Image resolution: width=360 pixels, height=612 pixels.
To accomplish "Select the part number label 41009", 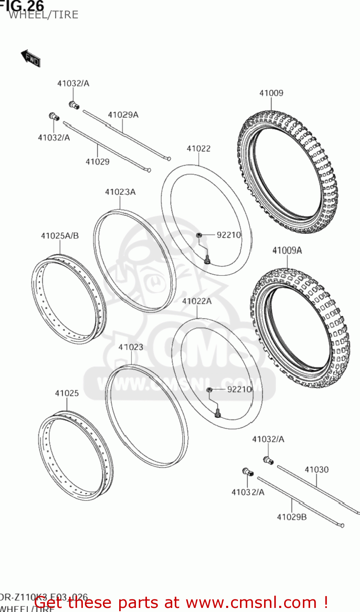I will [x=271, y=93].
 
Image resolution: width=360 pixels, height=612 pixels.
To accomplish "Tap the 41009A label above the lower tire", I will [x=287, y=250].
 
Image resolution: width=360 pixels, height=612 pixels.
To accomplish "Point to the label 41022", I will [x=198, y=149].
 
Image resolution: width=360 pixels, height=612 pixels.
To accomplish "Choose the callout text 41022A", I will [x=197, y=301].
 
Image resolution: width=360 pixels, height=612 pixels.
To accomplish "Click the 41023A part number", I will [x=120, y=192].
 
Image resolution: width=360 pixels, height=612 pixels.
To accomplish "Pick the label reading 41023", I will [x=131, y=347].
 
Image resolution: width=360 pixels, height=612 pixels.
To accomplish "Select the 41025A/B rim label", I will [x=60, y=235].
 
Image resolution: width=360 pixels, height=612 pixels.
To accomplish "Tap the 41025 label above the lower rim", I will [x=67, y=393].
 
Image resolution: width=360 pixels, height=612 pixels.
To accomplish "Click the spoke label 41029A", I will [x=123, y=115].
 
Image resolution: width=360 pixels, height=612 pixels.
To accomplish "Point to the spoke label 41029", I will [x=97, y=162].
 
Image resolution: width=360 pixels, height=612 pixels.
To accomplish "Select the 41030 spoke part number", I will [x=316, y=470].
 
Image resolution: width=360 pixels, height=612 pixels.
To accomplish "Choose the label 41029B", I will [x=291, y=517].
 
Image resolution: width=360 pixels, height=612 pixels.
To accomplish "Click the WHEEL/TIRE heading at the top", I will [x=43, y=15].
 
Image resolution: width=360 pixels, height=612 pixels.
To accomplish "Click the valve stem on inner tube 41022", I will [x=207, y=259].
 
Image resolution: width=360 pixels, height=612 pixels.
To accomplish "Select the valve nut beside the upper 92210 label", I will [x=199, y=235].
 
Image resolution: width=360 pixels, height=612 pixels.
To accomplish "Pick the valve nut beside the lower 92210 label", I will [x=209, y=390].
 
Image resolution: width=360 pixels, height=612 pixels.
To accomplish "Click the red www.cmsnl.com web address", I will [x=253, y=602].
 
